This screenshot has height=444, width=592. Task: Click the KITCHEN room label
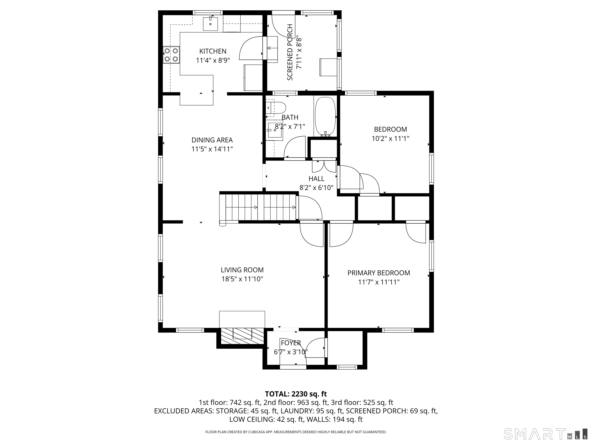coord(213,51)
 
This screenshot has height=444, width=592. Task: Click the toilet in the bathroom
coord(276,108)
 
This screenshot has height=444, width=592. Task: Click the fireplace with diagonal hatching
coord(242,336)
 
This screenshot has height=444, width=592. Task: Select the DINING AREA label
coord(212,140)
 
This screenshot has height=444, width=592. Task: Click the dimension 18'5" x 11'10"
coord(242,279)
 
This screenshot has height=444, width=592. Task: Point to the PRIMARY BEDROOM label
coord(379,273)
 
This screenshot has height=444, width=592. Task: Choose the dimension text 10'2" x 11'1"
coord(390,139)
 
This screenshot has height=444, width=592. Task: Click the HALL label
coord(316,178)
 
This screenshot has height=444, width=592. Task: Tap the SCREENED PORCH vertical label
coord(290,52)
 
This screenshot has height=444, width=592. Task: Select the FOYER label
coord(291,343)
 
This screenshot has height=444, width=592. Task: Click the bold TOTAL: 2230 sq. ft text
coord(296,394)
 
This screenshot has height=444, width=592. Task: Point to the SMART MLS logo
coord(545,434)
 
